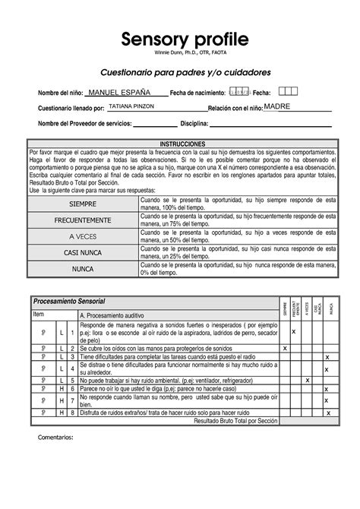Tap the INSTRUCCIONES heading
click(x=181, y=144)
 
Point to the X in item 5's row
click(x=307, y=379)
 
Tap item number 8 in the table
click(x=71, y=412)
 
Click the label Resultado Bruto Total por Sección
click(x=236, y=420)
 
